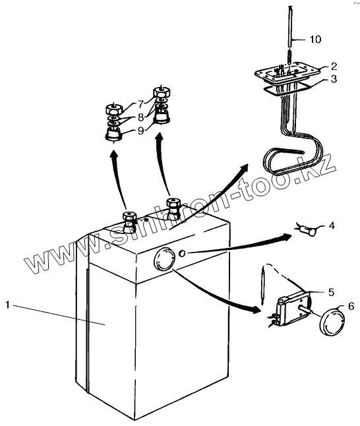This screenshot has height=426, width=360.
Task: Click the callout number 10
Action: pyautogui.click(x=315, y=40)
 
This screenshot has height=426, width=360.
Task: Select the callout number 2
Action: pyautogui.click(x=334, y=66)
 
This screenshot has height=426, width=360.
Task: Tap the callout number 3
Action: pyautogui.click(x=334, y=78)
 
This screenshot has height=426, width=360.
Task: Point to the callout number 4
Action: pyautogui.click(x=332, y=226)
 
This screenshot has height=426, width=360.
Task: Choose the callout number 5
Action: pyautogui.click(x=331, y=292)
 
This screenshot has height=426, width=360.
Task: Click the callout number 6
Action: pyautogui.click(x=351, y=306)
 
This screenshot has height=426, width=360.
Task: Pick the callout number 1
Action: pyautogui.click(x=8, y=305)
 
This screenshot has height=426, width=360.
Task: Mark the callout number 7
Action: pyautogui.click(x=140, y=104)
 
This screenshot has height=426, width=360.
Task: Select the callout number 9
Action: pyautogui.click(x=140, y=131)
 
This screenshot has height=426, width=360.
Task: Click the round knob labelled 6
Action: pyautogui.click(x=332, y=321)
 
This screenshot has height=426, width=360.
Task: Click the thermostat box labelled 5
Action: pyautogui.click(x=292, y=309)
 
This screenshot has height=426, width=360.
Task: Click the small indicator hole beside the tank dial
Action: pyautogui.click(x=182, y=253)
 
